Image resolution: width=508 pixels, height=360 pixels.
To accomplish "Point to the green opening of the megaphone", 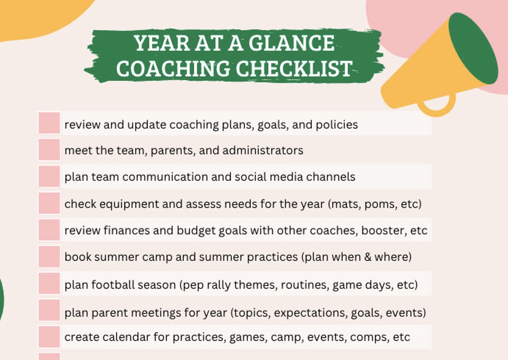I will [473, 48].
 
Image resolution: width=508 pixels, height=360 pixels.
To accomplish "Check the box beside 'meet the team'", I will [49, 150].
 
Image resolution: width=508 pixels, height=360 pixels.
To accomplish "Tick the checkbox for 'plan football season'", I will [49, 284].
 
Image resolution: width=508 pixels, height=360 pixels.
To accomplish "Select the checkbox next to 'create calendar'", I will [49, 337].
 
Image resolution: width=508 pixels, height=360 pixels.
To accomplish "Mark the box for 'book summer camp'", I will [49, 257].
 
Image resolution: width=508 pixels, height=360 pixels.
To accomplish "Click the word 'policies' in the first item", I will [336, 125].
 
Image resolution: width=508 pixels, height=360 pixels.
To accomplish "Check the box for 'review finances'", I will [49, 230].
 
